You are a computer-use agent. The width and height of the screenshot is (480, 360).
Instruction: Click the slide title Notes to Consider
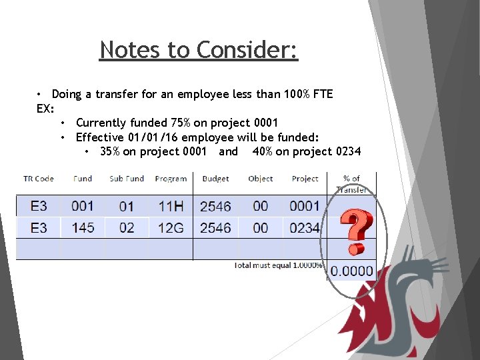[199, 50]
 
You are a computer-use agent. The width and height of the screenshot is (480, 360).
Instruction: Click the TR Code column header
[39, 179]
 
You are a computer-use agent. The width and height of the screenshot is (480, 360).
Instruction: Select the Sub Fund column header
[127, 179]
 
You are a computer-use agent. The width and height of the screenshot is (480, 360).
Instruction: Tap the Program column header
[171, 179]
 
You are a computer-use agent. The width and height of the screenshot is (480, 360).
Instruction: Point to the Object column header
[261, 179]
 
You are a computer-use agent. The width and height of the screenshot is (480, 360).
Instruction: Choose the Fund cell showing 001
[83, 206]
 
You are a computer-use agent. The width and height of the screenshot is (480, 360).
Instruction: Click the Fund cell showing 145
[83, 228]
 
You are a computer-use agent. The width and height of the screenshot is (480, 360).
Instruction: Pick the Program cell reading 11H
[171, 206]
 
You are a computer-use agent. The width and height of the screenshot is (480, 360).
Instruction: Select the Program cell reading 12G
[171, 228]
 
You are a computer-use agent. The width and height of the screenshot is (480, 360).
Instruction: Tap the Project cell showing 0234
[305, 228]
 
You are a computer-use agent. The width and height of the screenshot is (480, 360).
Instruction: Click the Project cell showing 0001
[305, 206]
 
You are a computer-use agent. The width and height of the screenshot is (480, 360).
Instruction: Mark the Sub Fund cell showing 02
[127, 228]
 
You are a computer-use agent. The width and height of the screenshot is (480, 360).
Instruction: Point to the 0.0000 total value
[352, 271]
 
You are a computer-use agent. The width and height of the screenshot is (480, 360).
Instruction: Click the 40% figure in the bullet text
[262, 151]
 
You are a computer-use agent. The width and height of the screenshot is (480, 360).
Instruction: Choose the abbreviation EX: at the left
[45, 108]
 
